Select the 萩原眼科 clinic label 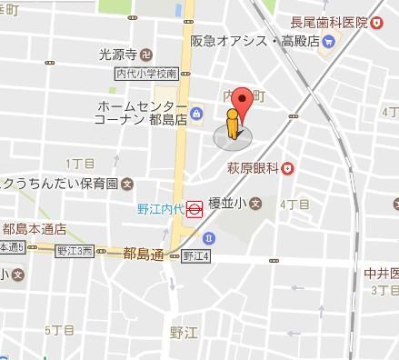[252, 167]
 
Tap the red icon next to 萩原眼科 [287, 167]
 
